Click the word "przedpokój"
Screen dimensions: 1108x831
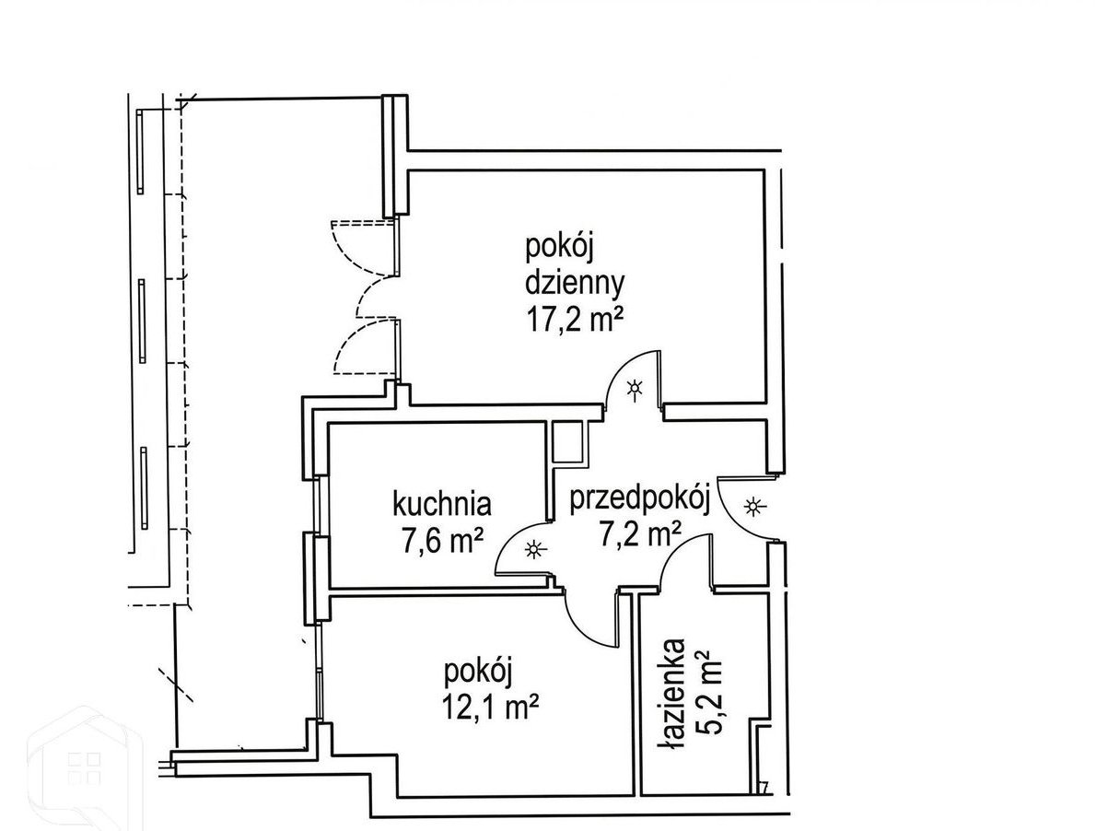tap(640, 502)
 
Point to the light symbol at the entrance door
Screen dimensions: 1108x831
tap(754, 507)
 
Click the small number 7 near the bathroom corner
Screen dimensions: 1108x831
tap(764, 788)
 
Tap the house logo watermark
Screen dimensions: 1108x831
tap(85, 770)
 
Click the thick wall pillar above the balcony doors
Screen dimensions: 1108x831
tap(395, 156)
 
